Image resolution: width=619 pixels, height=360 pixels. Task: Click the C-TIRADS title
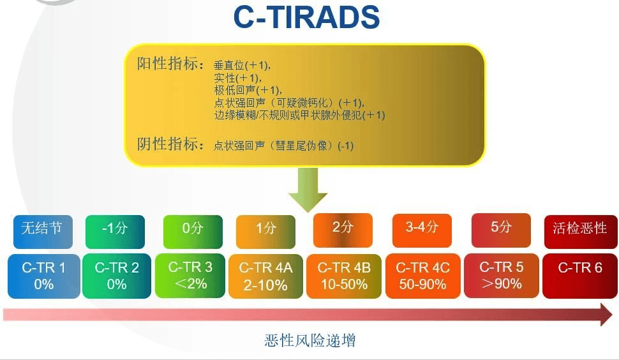(x=306, y=17)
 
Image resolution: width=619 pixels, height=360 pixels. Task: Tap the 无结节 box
(x=43, y=232)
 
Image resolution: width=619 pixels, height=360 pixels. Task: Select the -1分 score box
(x=115, y=232)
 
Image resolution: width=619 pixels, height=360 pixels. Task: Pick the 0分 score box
(x=193, y=232)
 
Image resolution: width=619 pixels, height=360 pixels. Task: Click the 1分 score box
(x=265, y=232)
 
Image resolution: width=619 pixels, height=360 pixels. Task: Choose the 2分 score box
(x=343, y=230)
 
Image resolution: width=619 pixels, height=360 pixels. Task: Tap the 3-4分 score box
(x=422, y=231)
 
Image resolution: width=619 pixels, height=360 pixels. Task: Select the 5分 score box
(x=502, y=230)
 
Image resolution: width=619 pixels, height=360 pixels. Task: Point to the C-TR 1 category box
(x=44, y=276)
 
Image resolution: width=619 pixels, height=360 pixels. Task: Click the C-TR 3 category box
(x=190, y=276)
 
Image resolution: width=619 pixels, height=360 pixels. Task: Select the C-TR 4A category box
(x=265, y=276)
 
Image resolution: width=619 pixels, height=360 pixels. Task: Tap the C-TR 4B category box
(x=344, y=276)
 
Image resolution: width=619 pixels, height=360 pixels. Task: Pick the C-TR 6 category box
(x=580, y=276)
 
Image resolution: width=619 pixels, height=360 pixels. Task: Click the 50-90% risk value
(x=422, y=284)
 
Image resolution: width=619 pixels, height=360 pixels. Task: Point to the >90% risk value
(x=502, y=284)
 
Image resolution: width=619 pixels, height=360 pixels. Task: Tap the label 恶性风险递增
(x=310, y=340)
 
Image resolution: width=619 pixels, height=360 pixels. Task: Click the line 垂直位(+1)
(x=242, y=65)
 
